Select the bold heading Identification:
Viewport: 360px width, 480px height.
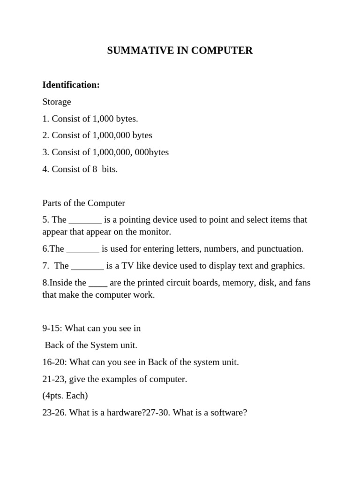[x=71, y=85]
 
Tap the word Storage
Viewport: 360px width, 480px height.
[x=57, y=102]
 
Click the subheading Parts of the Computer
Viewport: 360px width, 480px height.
[x=83, y=203]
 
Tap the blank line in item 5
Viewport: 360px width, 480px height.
[x=85, y=220]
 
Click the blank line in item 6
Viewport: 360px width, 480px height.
[x=83, y=249]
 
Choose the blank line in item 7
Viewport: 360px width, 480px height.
[x=88, y=266]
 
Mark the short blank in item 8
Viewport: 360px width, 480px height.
[x=98, y=283]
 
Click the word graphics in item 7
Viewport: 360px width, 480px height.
[x=287, y=266]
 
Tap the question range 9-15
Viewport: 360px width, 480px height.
[x=51, y=328]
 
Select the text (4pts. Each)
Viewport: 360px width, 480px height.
[x=65, y=396]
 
